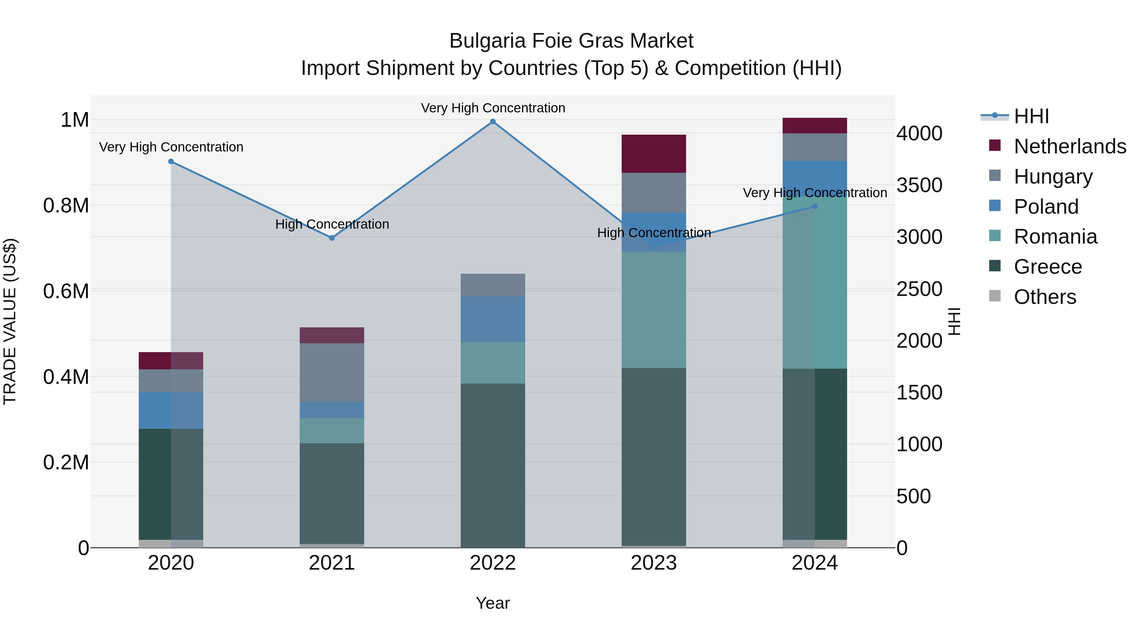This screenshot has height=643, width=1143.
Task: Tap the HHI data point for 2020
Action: coord(171,162)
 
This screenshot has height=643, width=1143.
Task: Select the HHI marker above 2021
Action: coord(332,238)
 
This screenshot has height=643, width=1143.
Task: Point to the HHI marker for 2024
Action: coord(815,206)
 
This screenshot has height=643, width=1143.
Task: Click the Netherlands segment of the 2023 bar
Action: coord(654,154)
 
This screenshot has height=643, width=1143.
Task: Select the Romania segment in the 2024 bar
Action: coord(815,284)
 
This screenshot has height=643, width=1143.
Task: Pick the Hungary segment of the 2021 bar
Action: coord(332,372)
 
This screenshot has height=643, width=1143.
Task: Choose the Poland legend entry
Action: coord(1046,207)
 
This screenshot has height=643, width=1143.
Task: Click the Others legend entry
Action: coord(1045,297)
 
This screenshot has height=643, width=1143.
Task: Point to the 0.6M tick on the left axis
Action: coord(66,291)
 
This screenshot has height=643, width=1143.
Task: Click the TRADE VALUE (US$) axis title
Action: coord(10,321)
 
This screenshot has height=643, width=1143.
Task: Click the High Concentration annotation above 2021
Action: coord(332,224)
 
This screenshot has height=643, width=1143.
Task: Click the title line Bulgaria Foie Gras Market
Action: coord(571,41)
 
